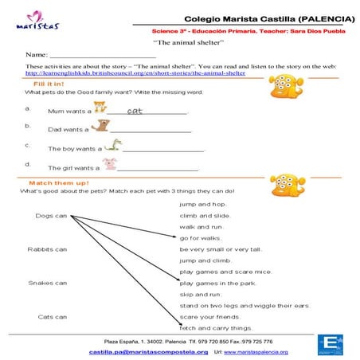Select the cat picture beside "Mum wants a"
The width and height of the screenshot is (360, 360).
[x=101, y=108]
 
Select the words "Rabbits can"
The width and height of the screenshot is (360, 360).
[x=47, y=249]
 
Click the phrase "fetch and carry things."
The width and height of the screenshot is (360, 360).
[x=216, y=327]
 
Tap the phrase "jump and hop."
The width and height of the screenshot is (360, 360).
[x=203, y=204]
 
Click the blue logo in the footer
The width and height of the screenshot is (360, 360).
[x=328, y=346]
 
